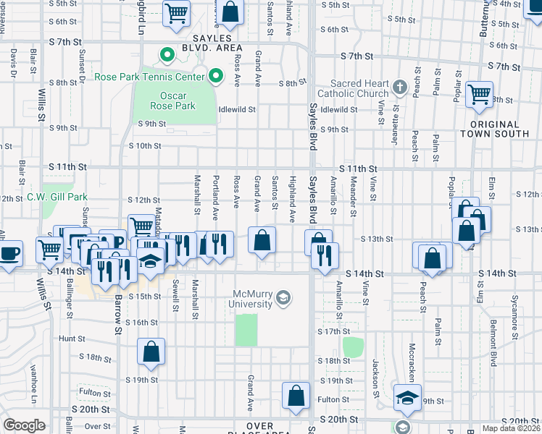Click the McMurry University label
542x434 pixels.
tap(252, 299)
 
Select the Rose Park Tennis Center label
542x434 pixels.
tap(149, 76)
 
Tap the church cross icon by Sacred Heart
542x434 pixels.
tap(399, 88)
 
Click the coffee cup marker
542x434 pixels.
tap(10, 254)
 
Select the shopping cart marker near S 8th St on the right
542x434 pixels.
tap(479, 94)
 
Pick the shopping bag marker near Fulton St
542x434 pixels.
tap(296, 396)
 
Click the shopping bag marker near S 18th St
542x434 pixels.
tap(150, 352)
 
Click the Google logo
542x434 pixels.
tap(24, 425)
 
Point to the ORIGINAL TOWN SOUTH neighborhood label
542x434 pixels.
tap(500, 129)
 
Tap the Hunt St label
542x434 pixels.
tap(72, 339)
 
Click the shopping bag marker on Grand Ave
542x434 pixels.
tap(262, 240)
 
